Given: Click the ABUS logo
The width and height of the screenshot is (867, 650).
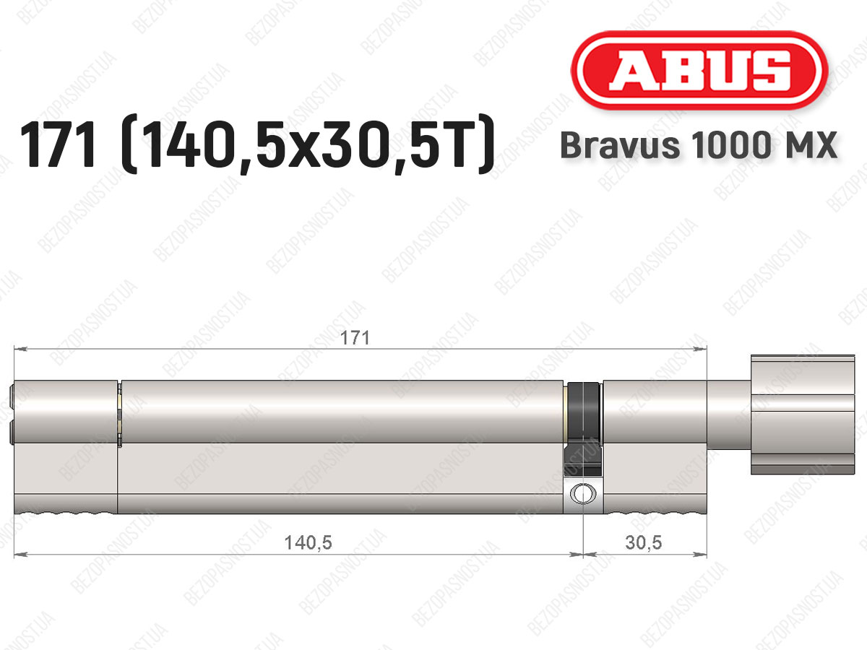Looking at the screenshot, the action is click(x=699, y=71).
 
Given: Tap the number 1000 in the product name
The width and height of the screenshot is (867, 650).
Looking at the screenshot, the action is click(x=730, y=145).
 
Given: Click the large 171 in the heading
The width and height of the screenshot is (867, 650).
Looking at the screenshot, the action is click(x=58, y=144).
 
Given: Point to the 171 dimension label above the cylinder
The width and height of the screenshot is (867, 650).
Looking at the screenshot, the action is click(x=355, y=338).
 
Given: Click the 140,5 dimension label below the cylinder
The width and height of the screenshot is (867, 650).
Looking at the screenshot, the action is click(x=308, y=543).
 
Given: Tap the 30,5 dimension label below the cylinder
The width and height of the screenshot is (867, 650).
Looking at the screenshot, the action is click(x=644, y=543).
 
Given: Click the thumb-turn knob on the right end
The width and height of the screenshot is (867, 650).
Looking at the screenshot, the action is click(x=803, y=415).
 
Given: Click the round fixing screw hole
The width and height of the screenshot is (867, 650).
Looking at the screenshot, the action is click(x=582, y=493).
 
